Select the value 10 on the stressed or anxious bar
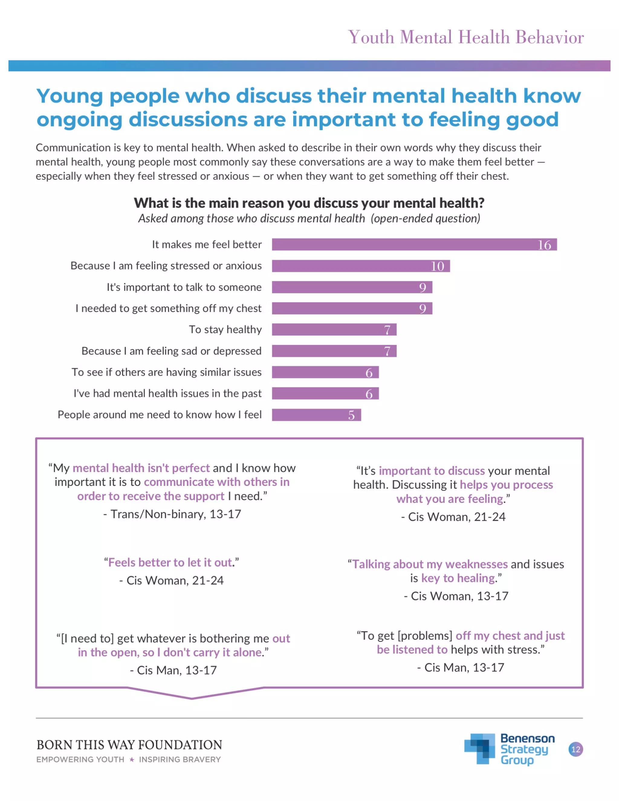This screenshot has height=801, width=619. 437,266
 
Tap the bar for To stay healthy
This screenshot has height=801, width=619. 334,330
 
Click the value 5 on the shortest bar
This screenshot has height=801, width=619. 351,415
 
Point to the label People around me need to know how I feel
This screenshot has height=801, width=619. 160,415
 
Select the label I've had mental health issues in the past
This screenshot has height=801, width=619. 167,394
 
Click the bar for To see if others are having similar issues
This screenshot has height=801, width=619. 325,372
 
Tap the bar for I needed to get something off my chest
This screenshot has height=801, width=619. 352,308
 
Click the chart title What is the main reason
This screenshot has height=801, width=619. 309,203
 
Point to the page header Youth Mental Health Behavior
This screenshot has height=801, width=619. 466,37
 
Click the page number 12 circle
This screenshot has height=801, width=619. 575,749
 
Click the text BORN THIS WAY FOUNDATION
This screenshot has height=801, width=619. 129,745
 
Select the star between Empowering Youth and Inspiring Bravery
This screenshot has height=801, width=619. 132,760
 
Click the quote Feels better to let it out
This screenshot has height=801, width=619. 171,562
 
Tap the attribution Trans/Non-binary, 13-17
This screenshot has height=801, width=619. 172,514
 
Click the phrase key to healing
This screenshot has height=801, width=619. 458,578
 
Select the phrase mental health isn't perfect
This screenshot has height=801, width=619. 141,468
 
